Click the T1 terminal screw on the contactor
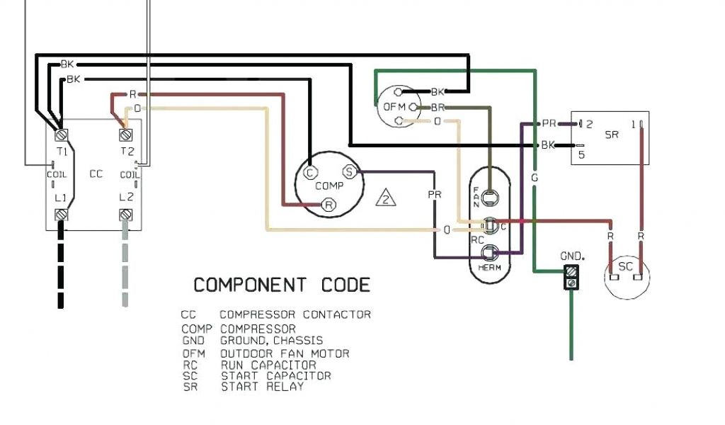point(61,133)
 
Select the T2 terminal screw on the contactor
point(127,133)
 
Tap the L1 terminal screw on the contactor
point(61,213)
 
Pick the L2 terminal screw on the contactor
point(127,213)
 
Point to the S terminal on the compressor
point(348,171)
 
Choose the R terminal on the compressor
point(329,205)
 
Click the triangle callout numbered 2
point(386,197)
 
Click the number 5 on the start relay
point(581,155)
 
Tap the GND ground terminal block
point(571,277)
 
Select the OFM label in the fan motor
point(393,107)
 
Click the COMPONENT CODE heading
point(282,285)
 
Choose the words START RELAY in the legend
point(262,387)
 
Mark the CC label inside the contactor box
point(96,174)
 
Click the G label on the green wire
point(535,178)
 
